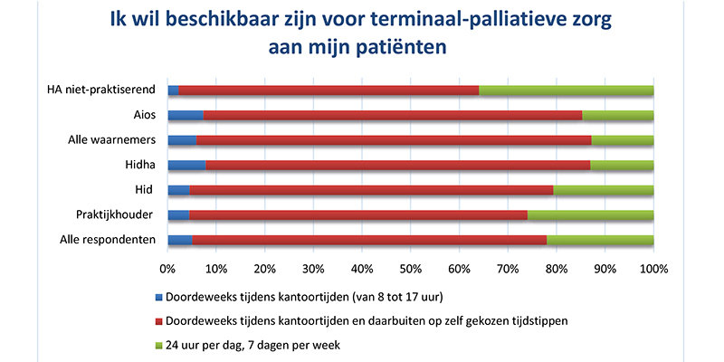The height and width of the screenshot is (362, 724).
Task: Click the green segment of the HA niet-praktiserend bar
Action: pos(566,90)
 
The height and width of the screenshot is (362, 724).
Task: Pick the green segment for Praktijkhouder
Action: pos(590,215)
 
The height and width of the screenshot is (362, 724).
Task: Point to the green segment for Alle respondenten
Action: pos(600,240)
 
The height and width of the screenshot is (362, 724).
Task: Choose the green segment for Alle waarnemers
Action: pos(623,140)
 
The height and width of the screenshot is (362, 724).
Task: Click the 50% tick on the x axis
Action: pos(410,269)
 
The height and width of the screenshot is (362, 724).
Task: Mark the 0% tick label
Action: pos(167,269)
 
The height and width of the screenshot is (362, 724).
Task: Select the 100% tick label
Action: pos(653,269)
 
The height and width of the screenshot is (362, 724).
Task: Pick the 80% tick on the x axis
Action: pos(556,269)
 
